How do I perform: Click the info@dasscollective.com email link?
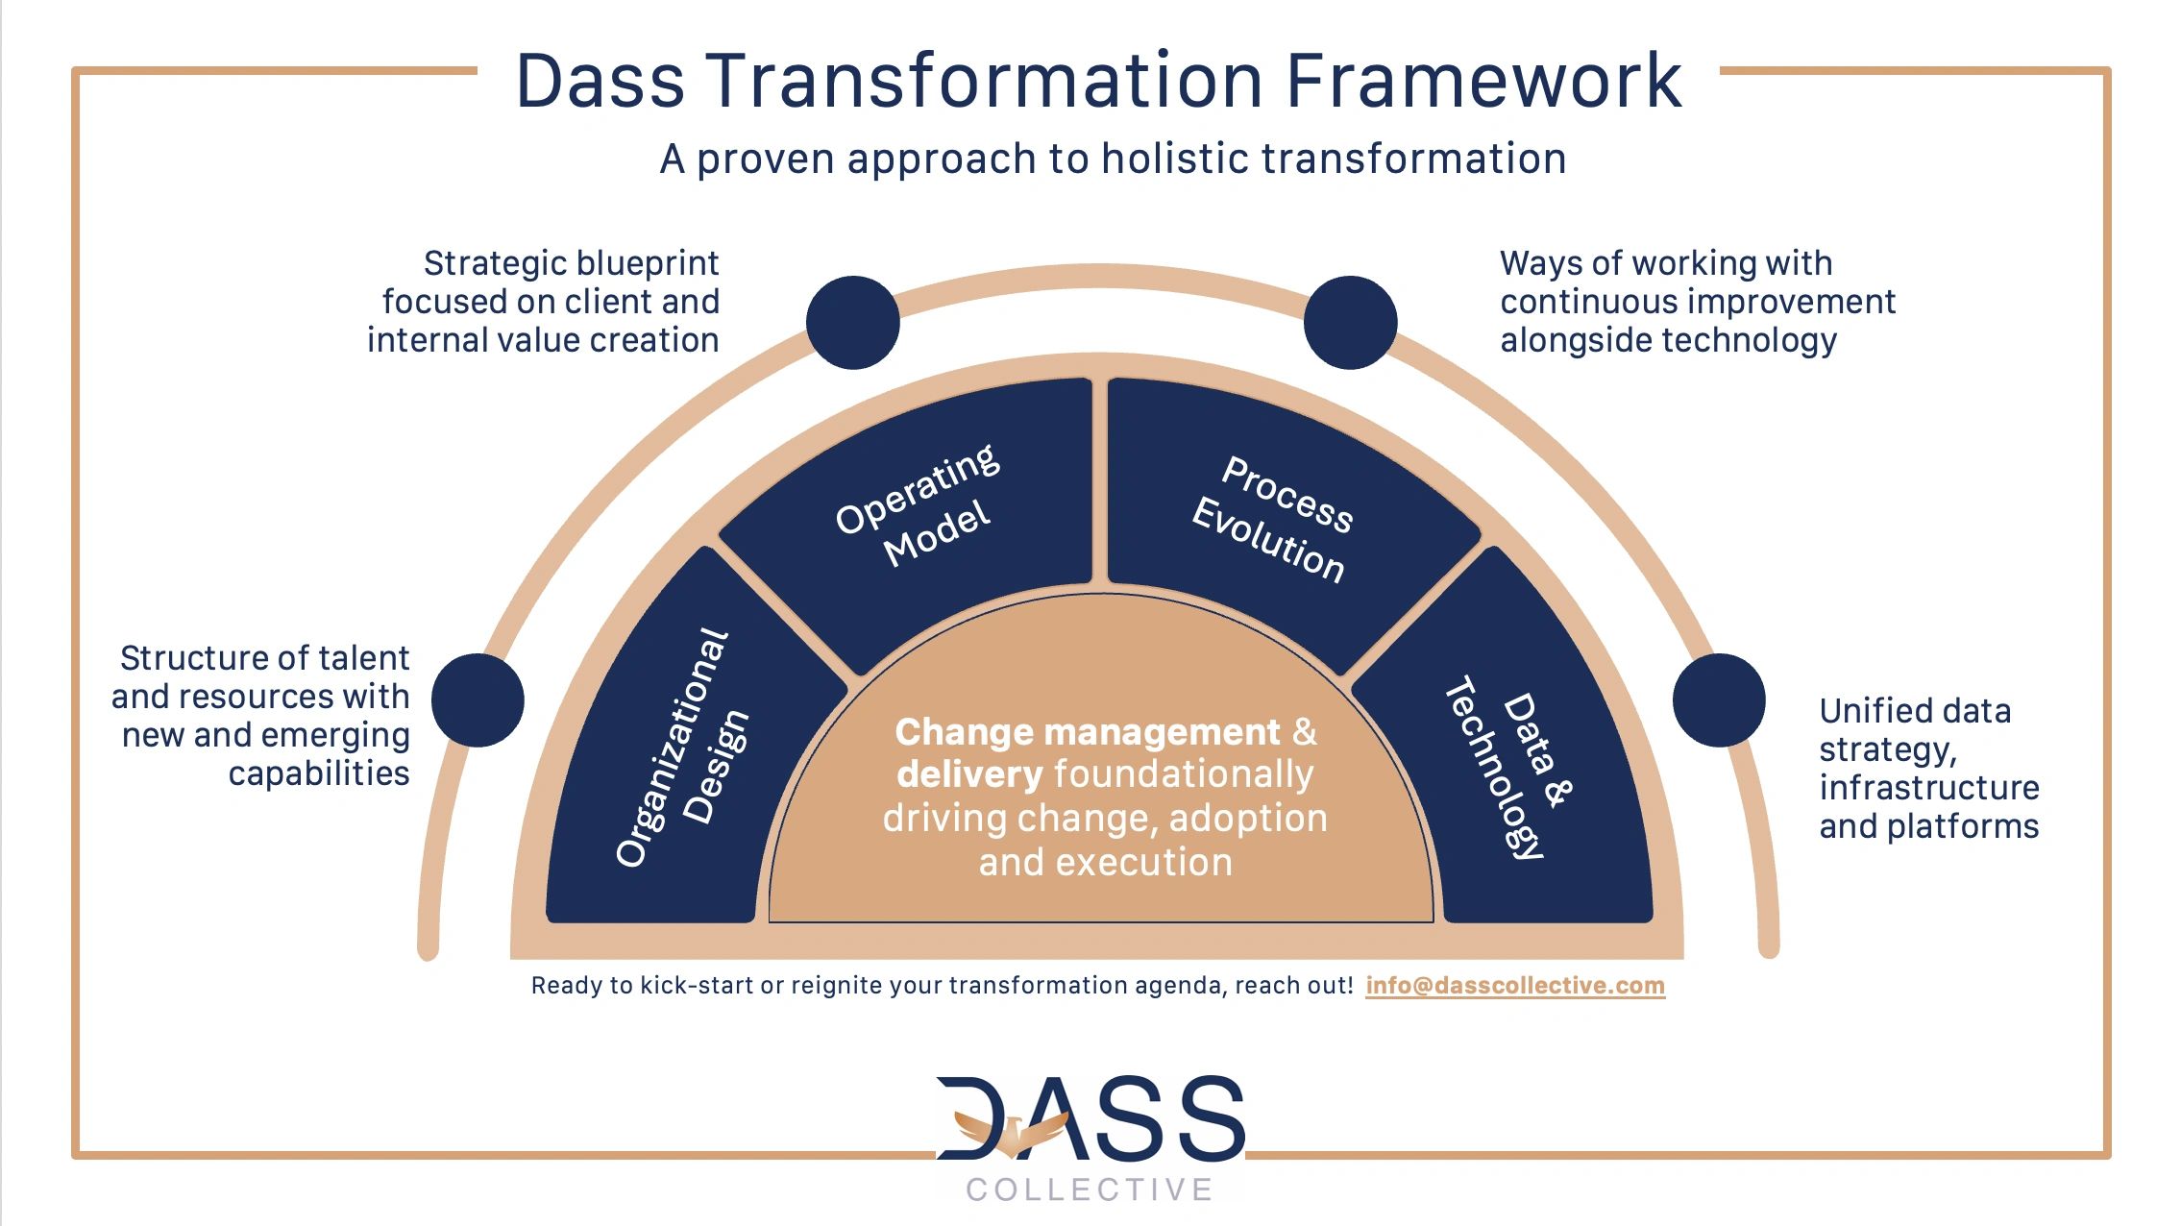1515,986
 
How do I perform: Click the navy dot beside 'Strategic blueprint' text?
853,323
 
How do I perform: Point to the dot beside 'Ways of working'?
1350,323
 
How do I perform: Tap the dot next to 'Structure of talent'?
478,700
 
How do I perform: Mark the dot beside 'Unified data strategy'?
1719,700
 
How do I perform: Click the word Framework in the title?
1483,81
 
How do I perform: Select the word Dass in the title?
600,81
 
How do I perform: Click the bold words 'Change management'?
1088,732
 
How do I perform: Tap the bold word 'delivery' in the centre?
969,774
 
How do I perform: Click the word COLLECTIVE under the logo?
1090,1189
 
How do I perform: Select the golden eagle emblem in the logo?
1012,1133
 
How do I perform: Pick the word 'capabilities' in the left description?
319,773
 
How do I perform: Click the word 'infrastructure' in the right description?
1929,788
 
